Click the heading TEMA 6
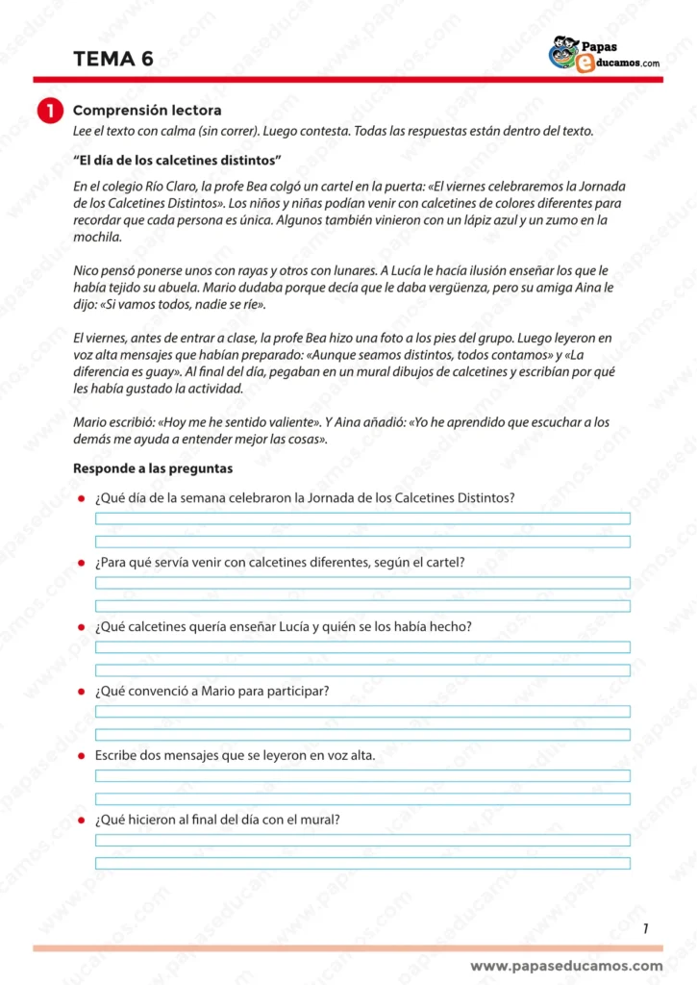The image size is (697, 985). [112, 60]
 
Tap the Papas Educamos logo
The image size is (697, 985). [604, 54]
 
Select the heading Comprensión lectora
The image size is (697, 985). [147, 111]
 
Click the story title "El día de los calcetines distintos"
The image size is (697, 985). [177, 159]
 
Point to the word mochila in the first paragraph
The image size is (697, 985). [97, 237]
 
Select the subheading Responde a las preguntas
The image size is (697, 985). [153, 468]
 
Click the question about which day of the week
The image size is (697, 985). [305, 498]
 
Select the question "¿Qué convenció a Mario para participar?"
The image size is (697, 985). [212, 691]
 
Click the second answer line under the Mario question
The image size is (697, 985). [362, 735]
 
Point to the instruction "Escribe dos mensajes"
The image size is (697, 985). [235, 755]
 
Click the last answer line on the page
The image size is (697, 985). [362, 863]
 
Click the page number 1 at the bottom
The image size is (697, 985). [645, 928]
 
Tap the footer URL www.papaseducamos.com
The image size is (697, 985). [566, 966]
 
